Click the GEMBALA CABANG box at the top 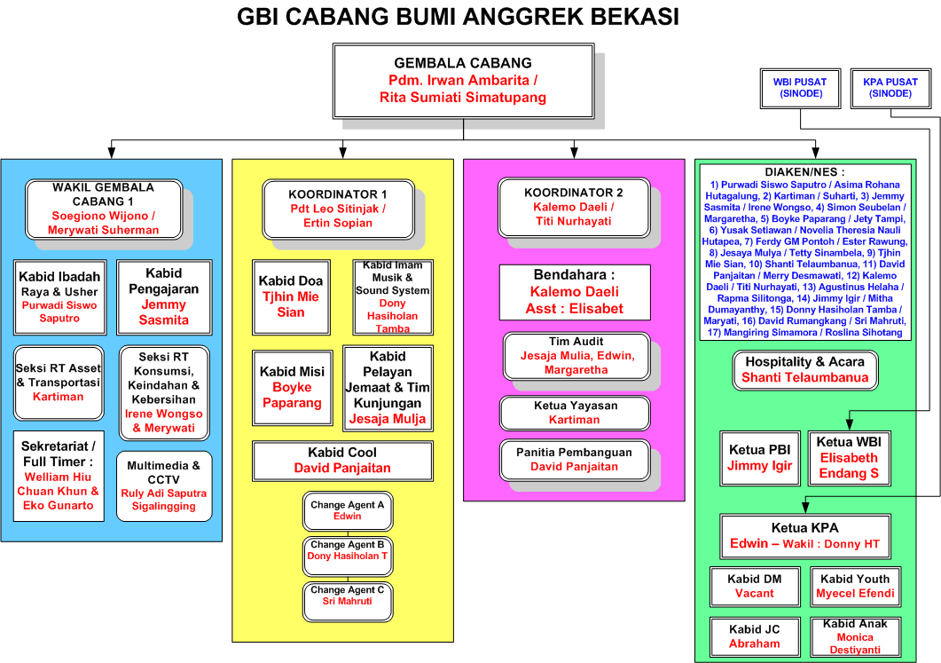click(463, 81)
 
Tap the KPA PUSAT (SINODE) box click(890, 88)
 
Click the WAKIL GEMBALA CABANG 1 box click(104, 209)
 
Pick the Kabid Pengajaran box click(164, 296)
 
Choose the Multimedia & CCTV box click(164, 485)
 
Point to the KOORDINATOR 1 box click(338, 209)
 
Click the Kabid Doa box click(291, 296)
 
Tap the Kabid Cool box click(342, 460)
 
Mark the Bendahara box click(575, 292)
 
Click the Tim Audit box click(575, 355)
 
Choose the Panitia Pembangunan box click(575, 459)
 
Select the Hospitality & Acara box click(804, 369)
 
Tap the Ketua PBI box click(759, 457)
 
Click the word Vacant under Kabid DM click(755, 594)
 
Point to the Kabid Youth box click(855, 587)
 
